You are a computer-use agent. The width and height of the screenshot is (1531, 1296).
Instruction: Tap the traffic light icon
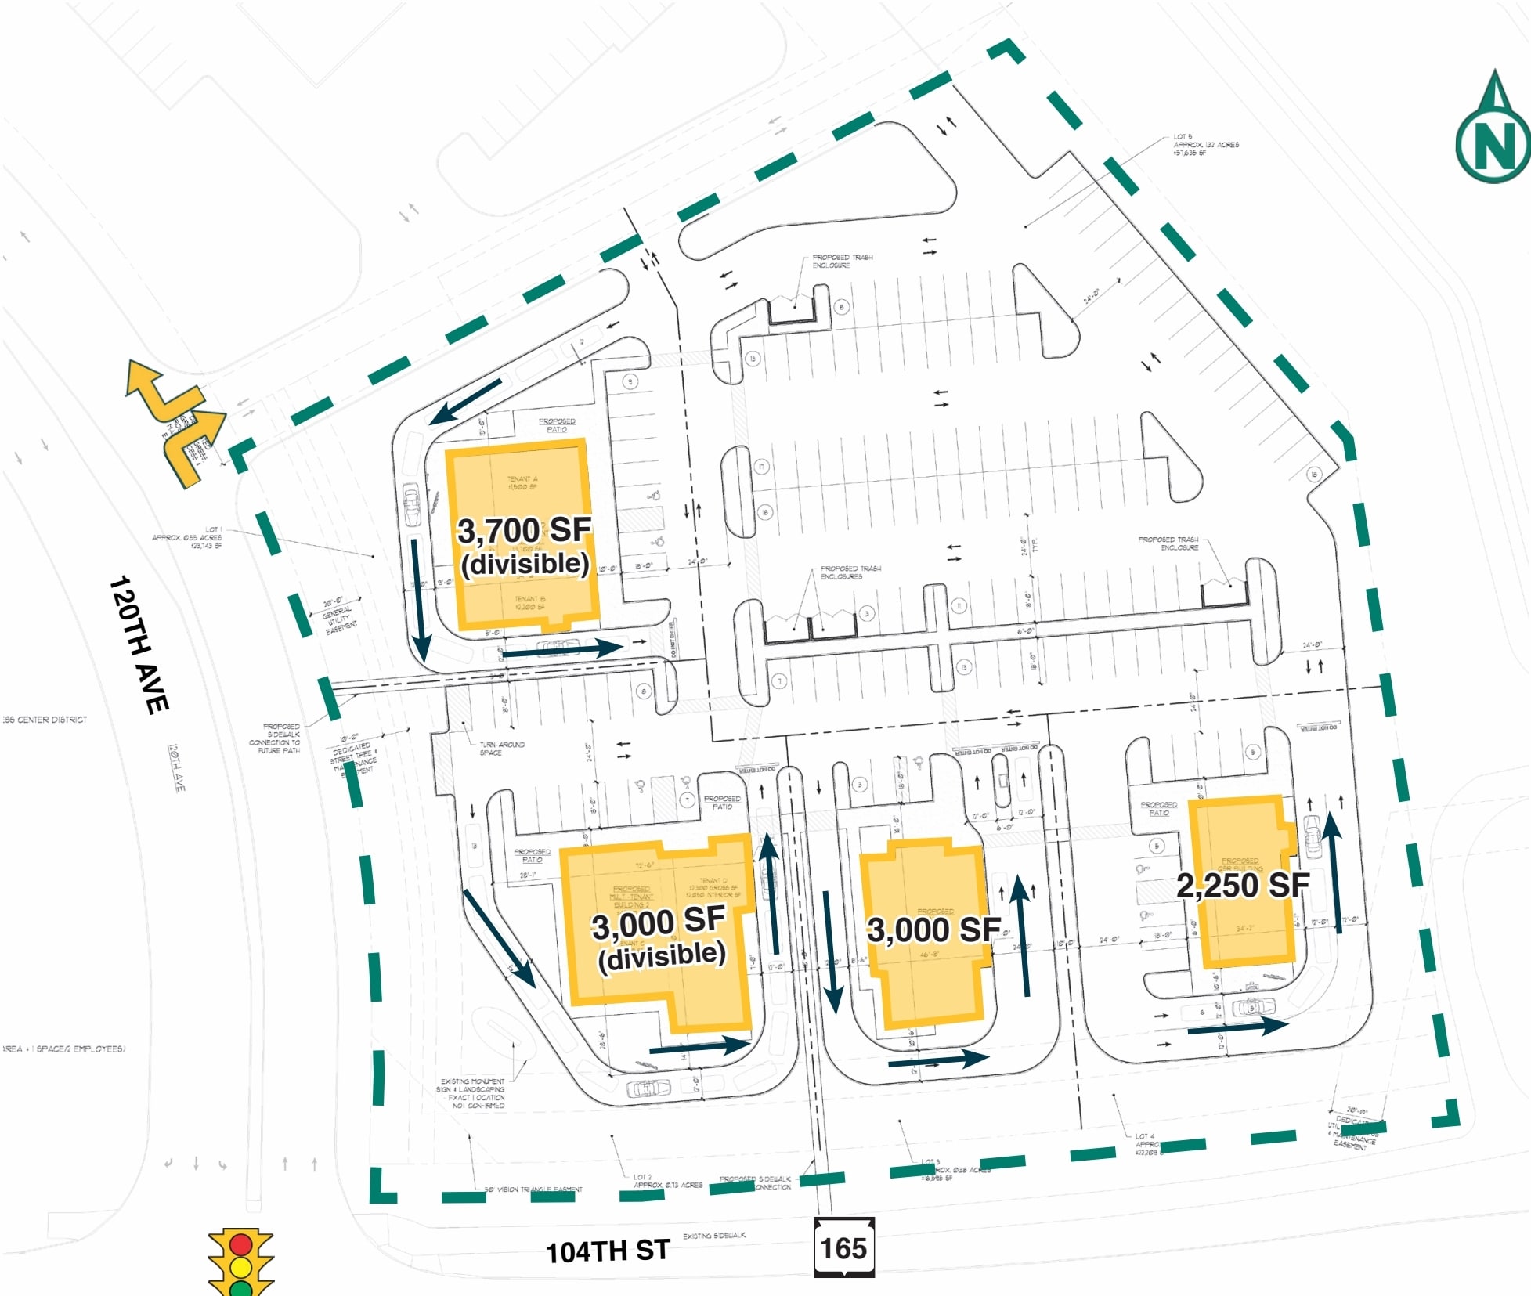[240, 1262]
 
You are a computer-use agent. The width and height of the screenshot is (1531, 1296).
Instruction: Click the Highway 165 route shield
[843, 1247]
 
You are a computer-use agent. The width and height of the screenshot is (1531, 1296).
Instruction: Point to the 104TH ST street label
[607, 1251]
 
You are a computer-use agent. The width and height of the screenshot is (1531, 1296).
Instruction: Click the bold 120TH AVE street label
[139, 644]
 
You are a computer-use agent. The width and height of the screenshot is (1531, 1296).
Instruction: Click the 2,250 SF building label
[1243, 886]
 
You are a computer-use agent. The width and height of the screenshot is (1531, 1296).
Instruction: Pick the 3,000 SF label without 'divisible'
[933, 930]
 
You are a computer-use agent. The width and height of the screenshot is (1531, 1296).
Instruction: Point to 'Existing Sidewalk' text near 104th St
[713, 1236]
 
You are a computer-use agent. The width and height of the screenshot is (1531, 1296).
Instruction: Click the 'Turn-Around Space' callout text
[501, 749]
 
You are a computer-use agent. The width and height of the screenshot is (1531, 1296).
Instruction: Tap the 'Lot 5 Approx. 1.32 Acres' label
[1204, 145]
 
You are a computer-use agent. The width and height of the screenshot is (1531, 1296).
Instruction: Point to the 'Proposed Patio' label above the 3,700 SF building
[557, 424]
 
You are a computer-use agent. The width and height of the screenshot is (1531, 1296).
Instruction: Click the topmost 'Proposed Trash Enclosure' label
[842, 261]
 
